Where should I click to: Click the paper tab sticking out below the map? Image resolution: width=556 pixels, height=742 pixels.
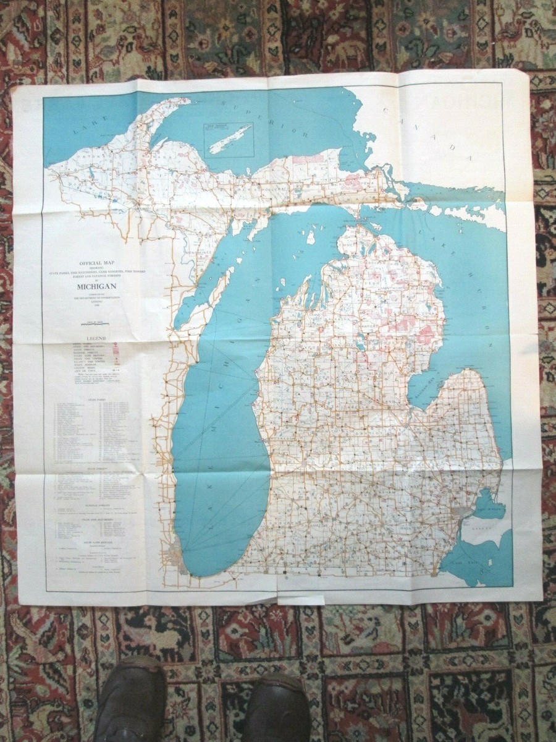coord(301,600)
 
